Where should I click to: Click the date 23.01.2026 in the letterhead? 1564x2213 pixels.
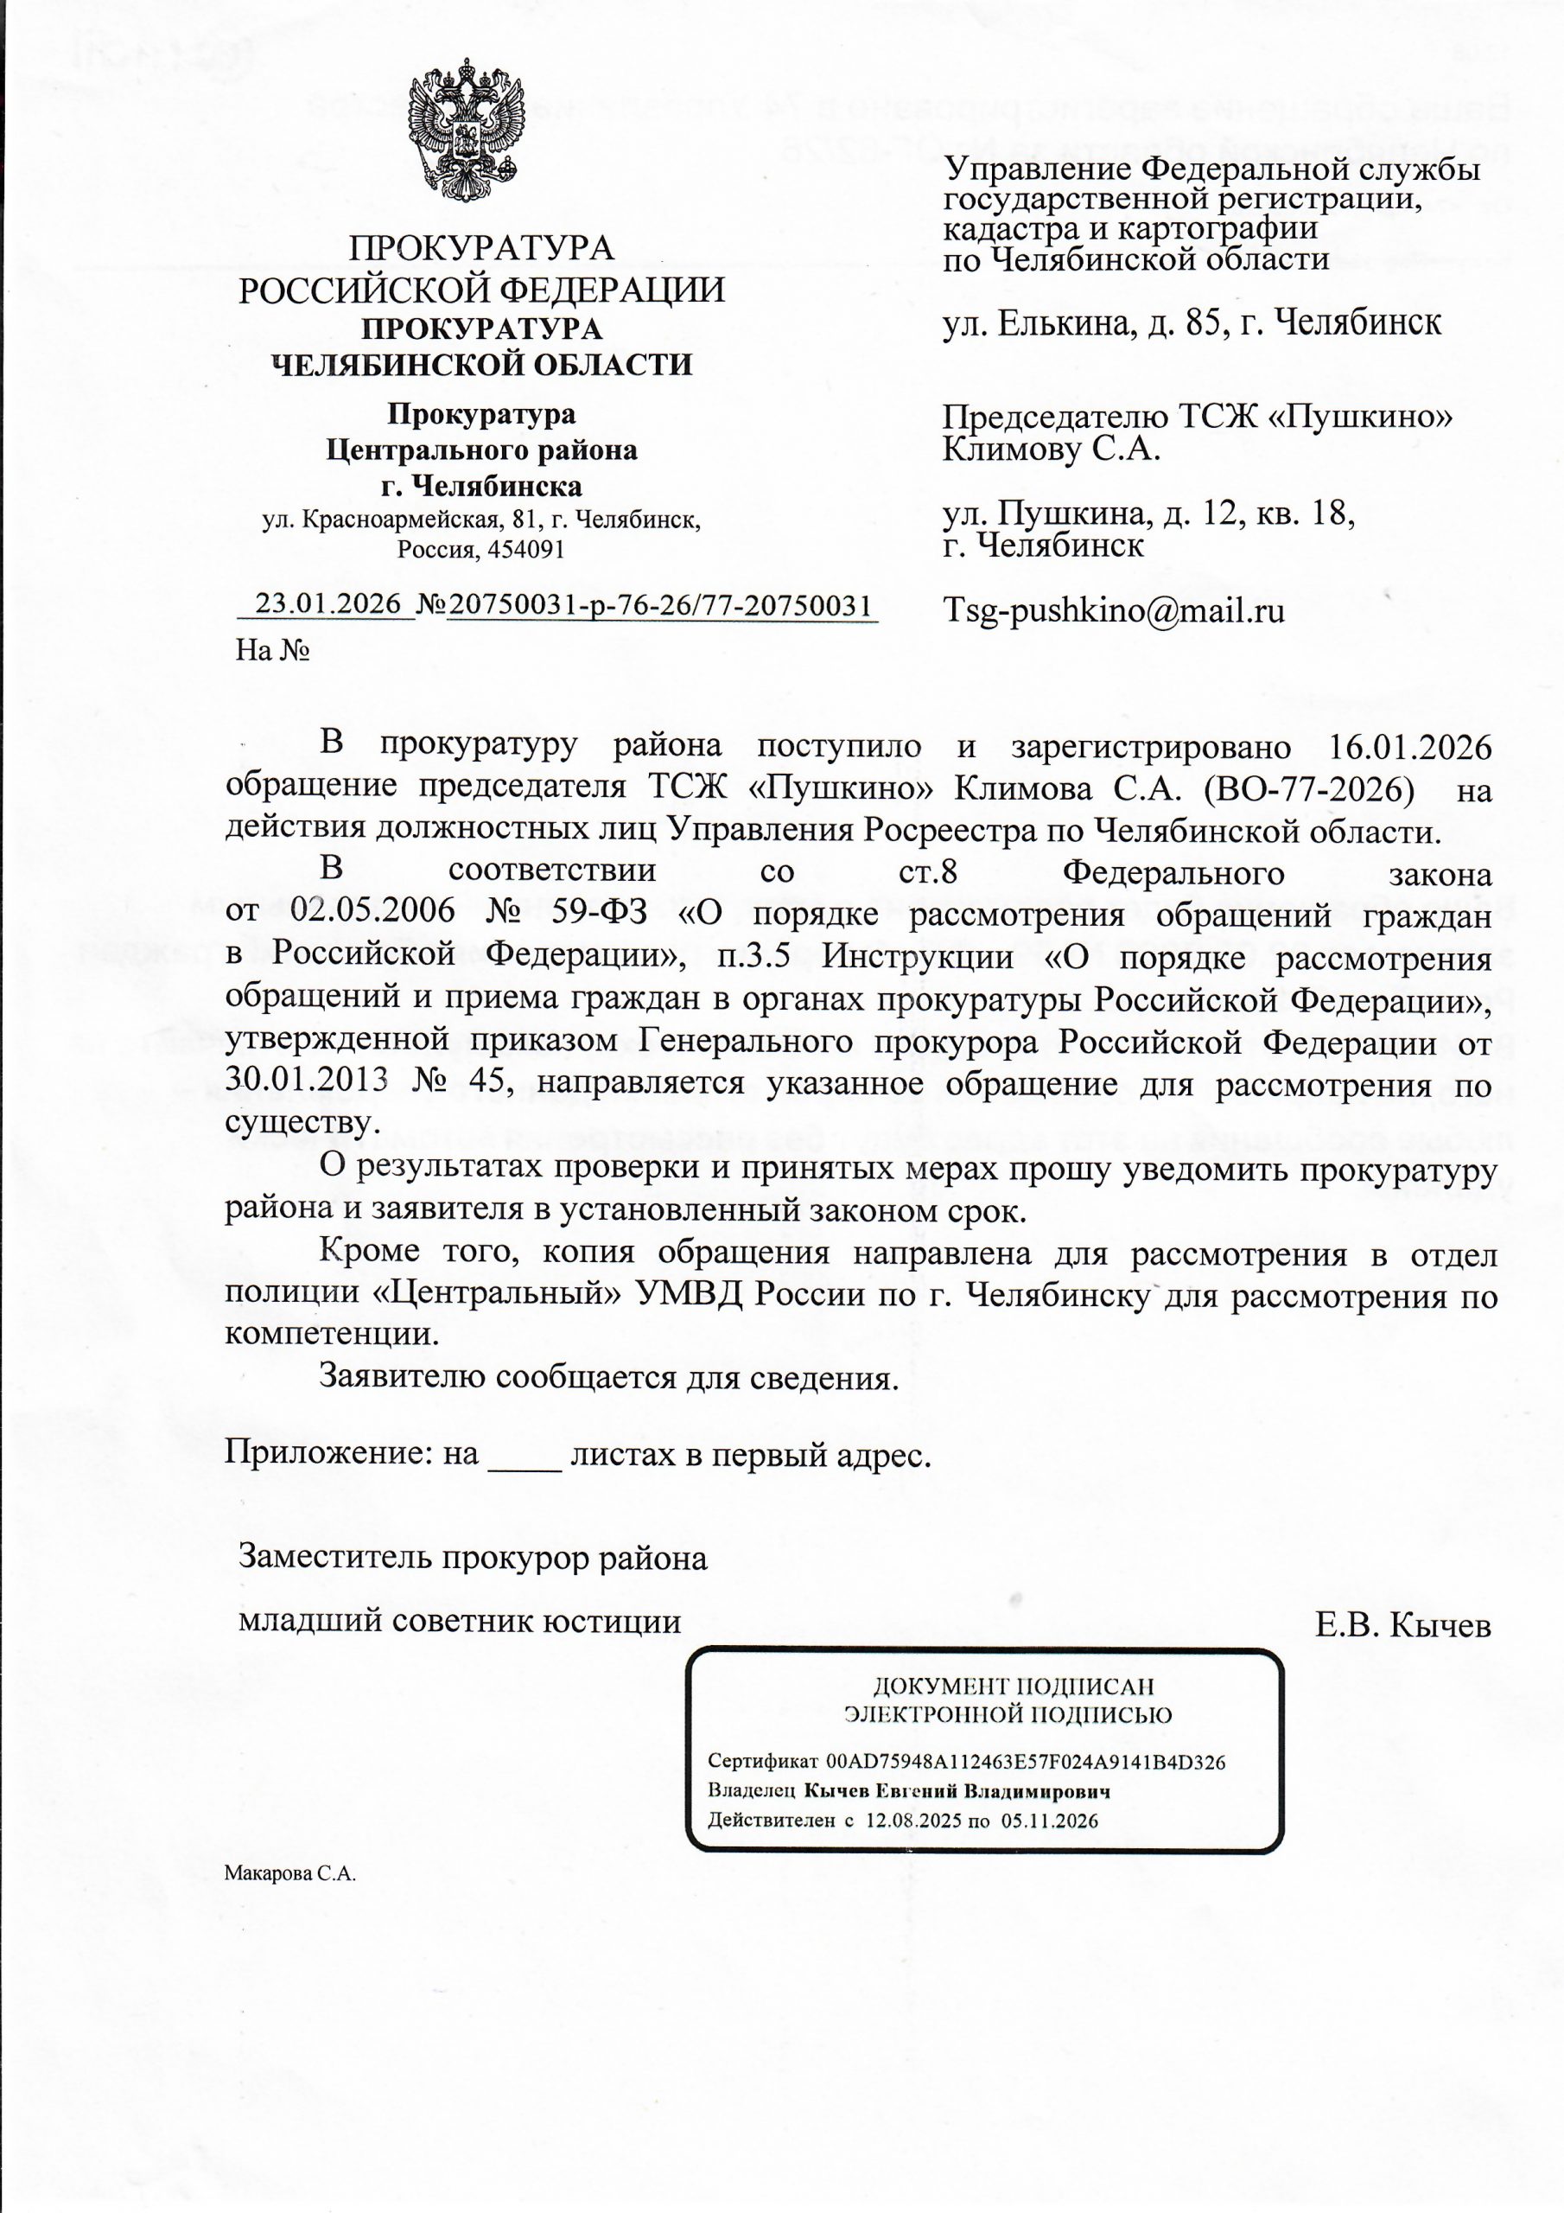pyautogui.click(x=327, y=604)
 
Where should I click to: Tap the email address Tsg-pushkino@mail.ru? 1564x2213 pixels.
pyautogui.click(x=1113, y=611)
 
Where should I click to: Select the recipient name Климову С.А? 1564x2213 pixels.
pyautogui.click(x=1051, y=450)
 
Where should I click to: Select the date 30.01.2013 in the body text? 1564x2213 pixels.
pyautogui.click(x=307, y=1081)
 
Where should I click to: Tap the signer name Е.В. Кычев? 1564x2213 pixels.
pyautogui.click(x=1403, y=1626)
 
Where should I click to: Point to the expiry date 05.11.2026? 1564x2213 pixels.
pyautogui.click(x=1051, y=1821)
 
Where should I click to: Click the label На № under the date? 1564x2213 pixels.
pyautogui.click(x=273, y=652)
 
